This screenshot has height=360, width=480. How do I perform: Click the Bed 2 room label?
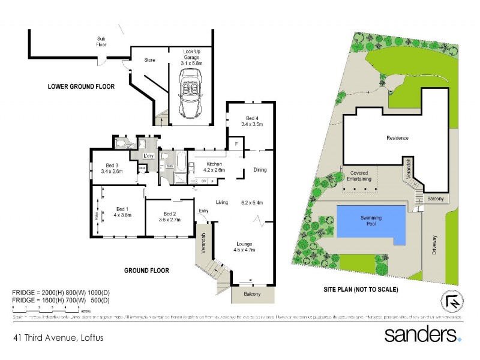click(x=169, y=217)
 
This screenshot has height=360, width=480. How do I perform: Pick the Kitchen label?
click(x=215, y=167)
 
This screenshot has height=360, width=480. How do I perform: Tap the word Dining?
click(x=259, y=170)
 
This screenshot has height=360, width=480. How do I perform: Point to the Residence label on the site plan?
click(x=397, y=138)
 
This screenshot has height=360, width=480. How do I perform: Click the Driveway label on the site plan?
click(x=436, y=245)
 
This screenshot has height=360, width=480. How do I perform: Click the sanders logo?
click(x=422, y=334)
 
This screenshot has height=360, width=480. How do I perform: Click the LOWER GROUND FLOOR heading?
click(x=81, y=87)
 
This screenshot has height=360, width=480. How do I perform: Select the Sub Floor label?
click(x=101, y=41)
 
